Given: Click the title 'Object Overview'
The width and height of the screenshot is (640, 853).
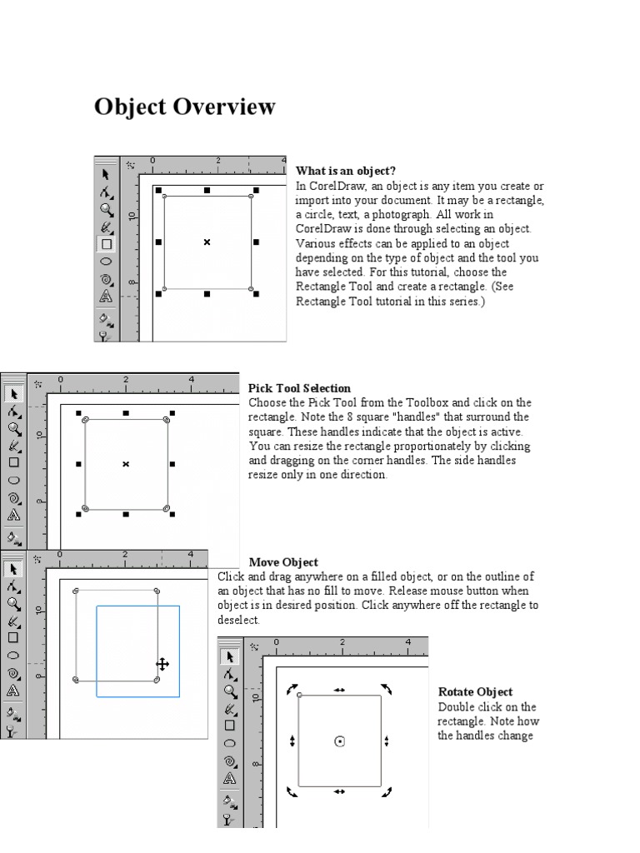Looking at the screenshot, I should (x=184, y=107).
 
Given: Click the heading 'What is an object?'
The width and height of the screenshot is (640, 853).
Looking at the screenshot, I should (x=346, y=171).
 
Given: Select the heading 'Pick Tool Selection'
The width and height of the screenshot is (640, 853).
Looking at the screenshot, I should (x=299, y=388).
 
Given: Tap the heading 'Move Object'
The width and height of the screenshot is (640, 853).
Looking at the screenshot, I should (x=283, y=562).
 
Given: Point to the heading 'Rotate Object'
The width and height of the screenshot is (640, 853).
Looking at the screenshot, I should (x=475, y=692).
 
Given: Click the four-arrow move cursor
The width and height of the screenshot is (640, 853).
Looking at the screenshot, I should (x=162, y=664).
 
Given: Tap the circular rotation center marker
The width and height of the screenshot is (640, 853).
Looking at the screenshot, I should (x=340, y=741).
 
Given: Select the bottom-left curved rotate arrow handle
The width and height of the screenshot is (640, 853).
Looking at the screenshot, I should (x=292, y=791).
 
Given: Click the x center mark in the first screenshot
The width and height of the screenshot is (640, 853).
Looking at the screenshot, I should (x=207, y=242).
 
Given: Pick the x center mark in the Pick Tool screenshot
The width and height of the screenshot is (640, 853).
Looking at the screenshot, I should (x=126, y=464).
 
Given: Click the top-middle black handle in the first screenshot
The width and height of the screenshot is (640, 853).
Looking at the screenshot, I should (x=207, y=191).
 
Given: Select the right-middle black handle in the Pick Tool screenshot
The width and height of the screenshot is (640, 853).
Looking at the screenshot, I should (x=172, y=464).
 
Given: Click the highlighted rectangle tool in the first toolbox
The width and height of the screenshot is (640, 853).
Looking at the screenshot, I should (x=106, y=244).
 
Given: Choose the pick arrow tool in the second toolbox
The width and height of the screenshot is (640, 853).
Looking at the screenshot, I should (x=13, y=394).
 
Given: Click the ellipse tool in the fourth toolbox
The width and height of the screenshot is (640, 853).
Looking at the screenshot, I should (x=230, y=743).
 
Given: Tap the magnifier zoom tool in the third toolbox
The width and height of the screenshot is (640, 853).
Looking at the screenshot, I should (x=13, y=602).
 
